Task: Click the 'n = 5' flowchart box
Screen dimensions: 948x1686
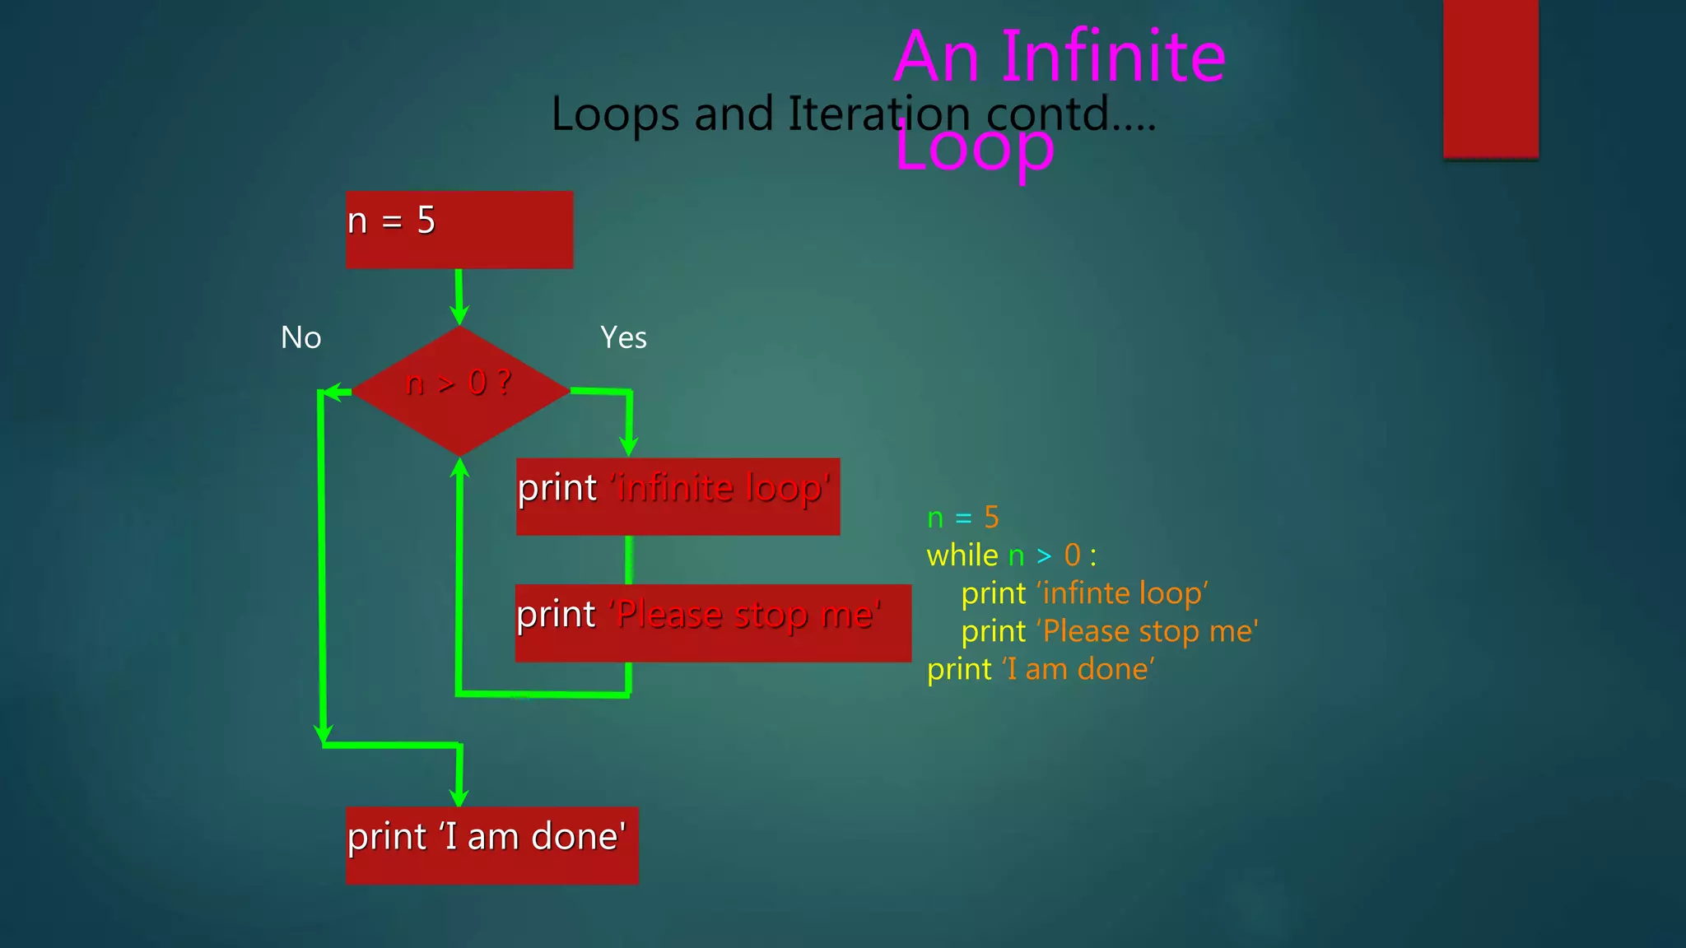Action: (459, 230)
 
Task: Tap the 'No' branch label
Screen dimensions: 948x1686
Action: (300, 337)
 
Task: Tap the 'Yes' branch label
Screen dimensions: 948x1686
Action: (623, 337)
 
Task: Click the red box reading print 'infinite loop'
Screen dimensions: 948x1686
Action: (678, 496)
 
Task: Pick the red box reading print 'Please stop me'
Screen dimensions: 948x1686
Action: (713, 623)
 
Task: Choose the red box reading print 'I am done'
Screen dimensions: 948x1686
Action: (491, 845)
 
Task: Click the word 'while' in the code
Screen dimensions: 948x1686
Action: (962, 555)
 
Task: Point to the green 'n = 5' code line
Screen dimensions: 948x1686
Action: (962, 518)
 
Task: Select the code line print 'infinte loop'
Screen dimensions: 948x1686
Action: (1084, 593)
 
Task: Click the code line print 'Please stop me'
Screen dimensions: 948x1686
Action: (1109, 631)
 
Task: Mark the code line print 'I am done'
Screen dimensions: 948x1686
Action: (1041, 669)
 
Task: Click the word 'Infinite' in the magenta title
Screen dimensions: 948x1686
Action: (1113, 57)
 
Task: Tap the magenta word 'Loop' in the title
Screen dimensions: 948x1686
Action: (975, 147)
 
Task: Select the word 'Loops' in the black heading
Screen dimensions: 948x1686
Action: (615, 114)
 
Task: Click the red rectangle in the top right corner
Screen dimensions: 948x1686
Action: (1490, 78)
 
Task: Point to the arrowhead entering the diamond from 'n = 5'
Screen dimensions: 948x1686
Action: (459, 315)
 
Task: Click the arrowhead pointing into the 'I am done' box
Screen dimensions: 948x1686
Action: (459, 797)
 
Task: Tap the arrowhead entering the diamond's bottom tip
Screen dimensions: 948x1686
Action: (460, 468)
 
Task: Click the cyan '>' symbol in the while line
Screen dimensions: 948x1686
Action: (1044, 556)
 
